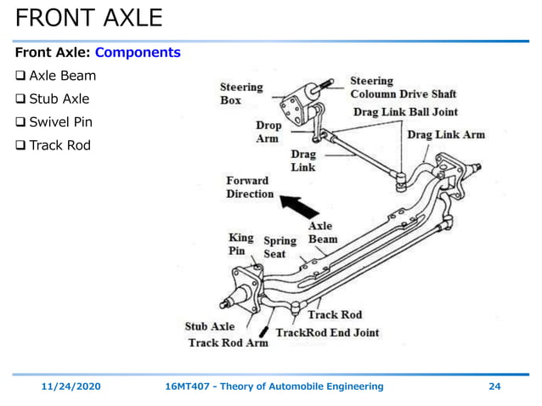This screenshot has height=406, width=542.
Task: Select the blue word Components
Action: point(138,53)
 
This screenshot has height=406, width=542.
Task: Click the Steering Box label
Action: point(241,93)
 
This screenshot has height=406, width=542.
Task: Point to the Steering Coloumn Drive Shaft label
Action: point(403,87)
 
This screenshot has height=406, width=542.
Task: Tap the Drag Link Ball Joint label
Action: point(405,112)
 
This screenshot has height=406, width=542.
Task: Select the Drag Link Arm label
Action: point(446,135)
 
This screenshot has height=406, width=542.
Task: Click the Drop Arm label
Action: point(268,132)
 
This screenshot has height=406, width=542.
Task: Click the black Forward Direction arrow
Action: point(296,204)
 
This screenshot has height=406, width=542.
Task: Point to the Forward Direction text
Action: point(249,187)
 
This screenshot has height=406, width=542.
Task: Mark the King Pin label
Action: point(240,245)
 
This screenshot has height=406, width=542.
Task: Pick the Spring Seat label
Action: point(279,247)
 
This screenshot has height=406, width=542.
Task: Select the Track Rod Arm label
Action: point(228,343)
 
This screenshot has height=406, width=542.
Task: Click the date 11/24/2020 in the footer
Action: point(71,386)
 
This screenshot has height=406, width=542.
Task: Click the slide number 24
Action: point(494,386)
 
